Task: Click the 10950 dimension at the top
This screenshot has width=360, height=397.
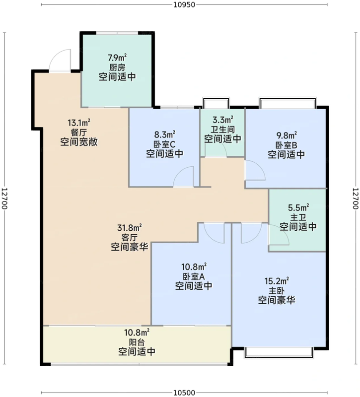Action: (x=184, y=4)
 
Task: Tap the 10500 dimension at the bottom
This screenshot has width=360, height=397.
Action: (x=184, y=393)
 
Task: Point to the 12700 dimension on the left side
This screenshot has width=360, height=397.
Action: (x=4, y=198)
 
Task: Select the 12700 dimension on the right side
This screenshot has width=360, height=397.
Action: (x=356, y=198)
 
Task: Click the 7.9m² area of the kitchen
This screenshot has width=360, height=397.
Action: (x=117, y=58)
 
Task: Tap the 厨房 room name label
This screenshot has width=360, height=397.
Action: (x=117, y=67)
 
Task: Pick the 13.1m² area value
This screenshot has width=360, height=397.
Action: (x=79, y=123)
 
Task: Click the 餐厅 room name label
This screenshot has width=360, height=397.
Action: (x=79, y=132)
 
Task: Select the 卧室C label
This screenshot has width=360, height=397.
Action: (x=165, y=144)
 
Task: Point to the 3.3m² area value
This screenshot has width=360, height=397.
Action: (x=223, y=119)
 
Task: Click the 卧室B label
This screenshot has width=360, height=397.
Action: (x=287, y=145)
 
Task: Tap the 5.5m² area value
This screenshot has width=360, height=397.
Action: (x=298, y=207)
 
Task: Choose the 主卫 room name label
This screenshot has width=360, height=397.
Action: (x=298, y=217)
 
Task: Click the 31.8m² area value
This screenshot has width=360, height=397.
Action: (x=129, y=228)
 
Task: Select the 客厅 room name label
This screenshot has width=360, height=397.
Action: (x=129, y=238)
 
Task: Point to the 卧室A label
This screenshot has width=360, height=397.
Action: (x=194, y=276)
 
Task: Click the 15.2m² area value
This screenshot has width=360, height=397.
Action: (x=277, y=281)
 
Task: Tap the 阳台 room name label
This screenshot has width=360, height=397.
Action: (x=137, y=342)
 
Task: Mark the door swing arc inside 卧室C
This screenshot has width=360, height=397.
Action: (x=179, y=171)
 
